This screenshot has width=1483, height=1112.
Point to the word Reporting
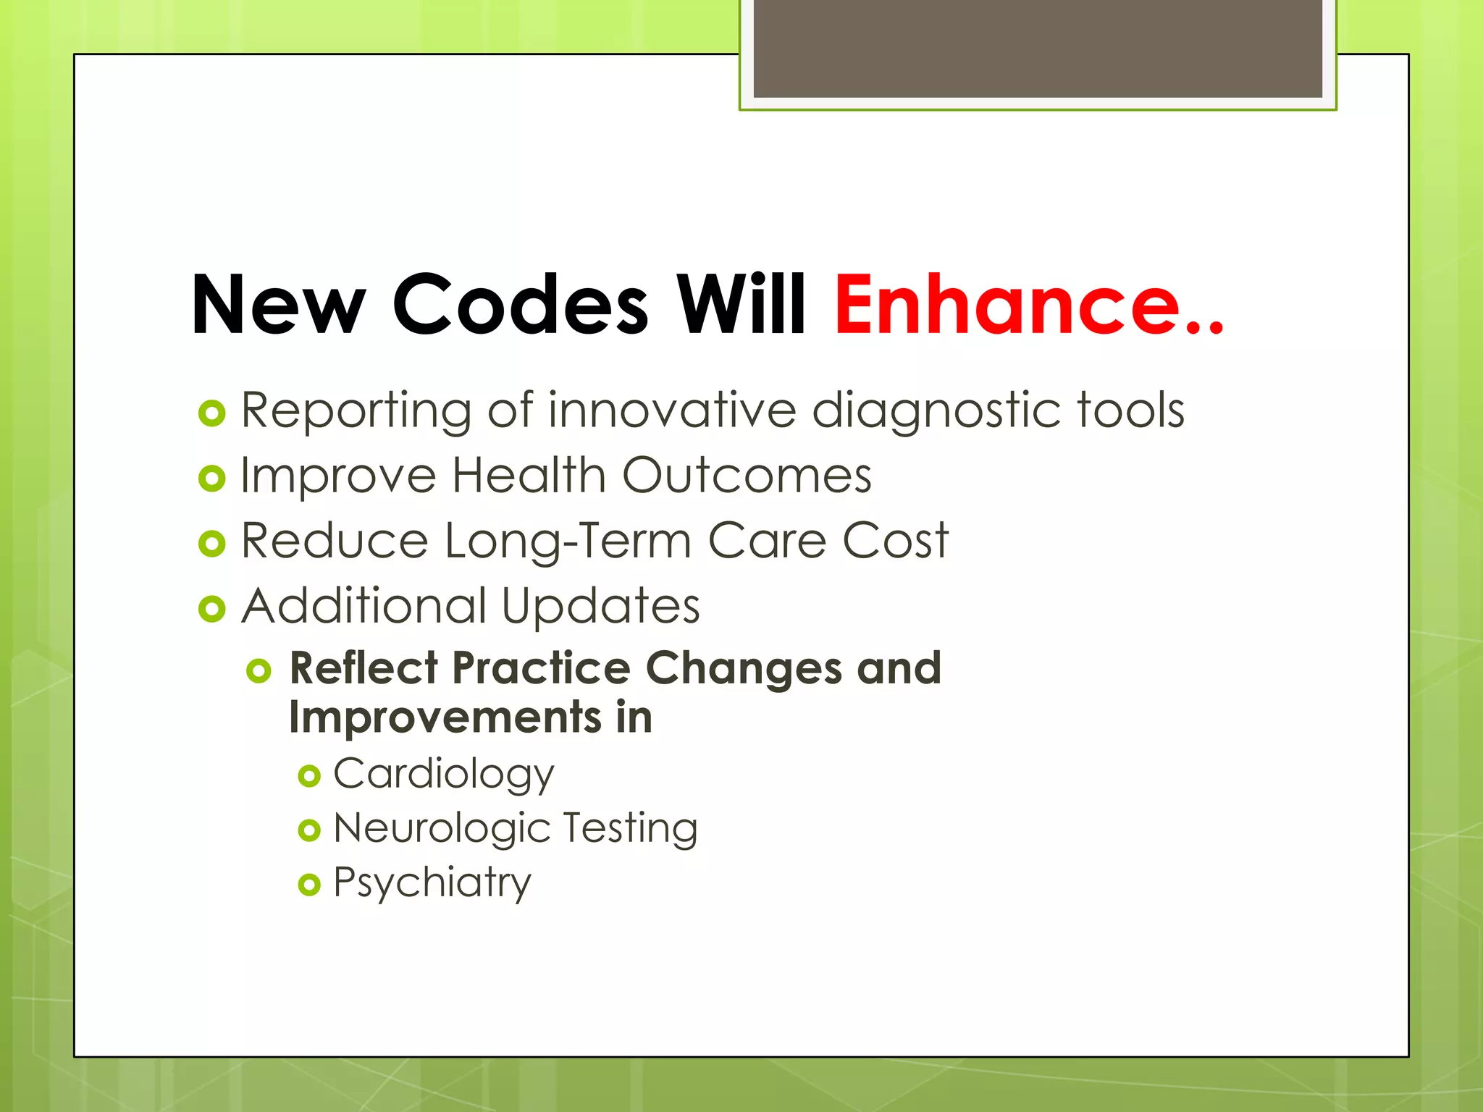click(x=356, y=411)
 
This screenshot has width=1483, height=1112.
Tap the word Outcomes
click(x=747, y=476)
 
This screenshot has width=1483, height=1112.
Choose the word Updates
click(x=600, y=607)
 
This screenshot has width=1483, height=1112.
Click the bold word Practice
click(x=541, y=667)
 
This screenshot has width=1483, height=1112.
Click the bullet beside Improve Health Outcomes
click(x=211, y=478)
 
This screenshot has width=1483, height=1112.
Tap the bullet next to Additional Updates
click(x=211, y=609)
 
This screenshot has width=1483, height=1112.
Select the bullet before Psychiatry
click(x=309, y=885)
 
